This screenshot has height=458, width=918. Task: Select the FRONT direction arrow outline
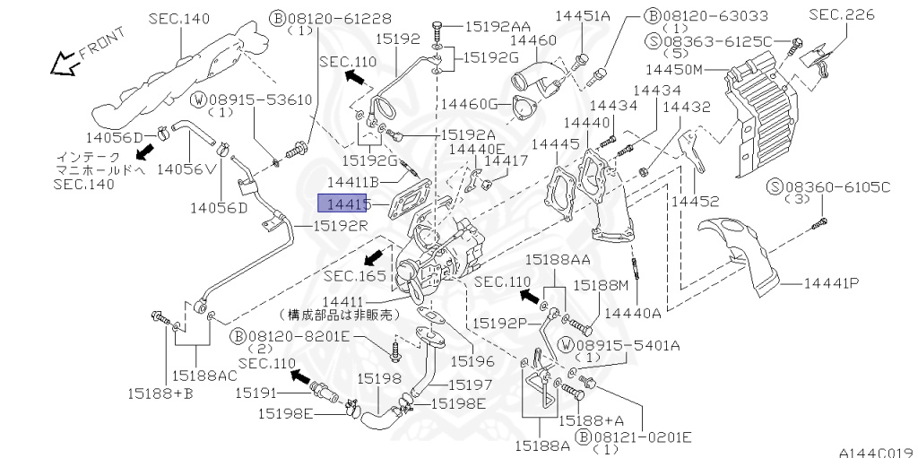point(64,64)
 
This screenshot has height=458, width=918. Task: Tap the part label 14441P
point(831,283)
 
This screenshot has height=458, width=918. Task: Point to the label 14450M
point(673,70)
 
